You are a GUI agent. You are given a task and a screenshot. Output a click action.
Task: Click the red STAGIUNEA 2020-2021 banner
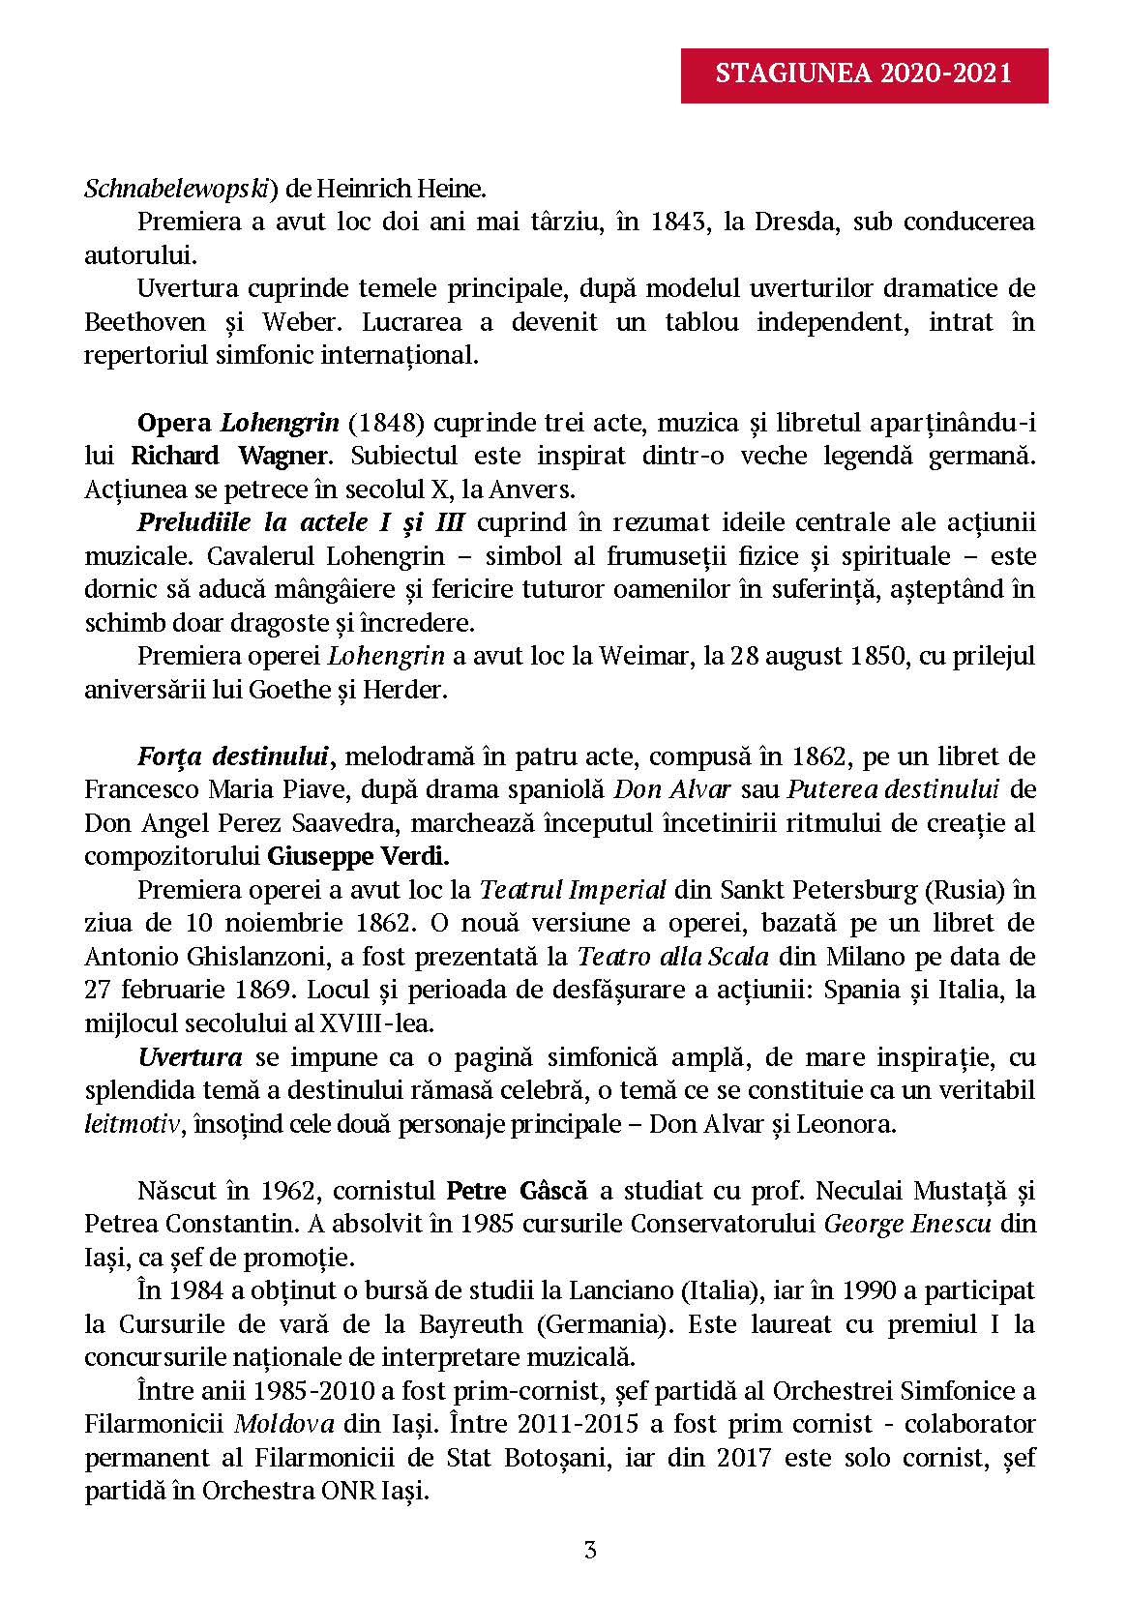[864, 74]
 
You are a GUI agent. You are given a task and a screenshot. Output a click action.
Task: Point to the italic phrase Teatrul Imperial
[574, 890]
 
